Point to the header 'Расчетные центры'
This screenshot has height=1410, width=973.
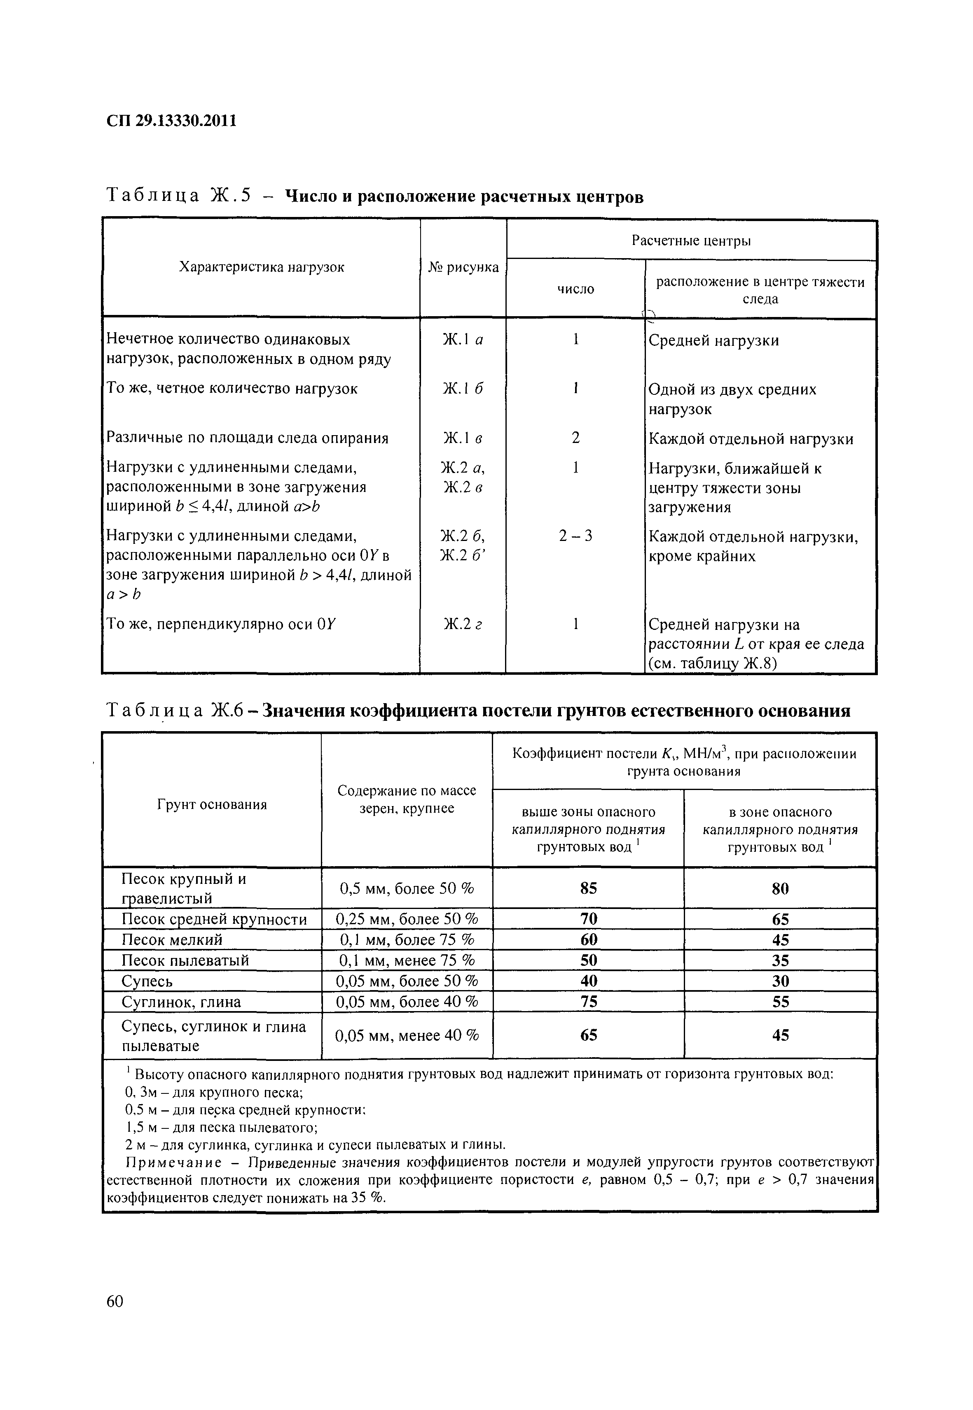(x=691, y=241)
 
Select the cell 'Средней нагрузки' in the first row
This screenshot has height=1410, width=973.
(x=713, y=340)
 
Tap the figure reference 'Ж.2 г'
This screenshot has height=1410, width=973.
(x=463, y=624)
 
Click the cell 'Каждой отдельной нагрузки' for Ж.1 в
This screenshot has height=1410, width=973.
(x=751, y=439)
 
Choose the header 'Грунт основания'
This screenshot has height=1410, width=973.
(x=212, y=805)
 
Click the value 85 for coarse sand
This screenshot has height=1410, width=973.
(x=588, y=888)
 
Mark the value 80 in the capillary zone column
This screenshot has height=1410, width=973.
(x=780, y=888)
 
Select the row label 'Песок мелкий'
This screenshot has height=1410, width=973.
(x=172, y=939)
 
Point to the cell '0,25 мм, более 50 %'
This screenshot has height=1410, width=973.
(x=407, y=919)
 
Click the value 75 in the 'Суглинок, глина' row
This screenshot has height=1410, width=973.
(x=588, y=1002)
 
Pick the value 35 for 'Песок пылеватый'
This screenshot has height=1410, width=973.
(x=780, y=960)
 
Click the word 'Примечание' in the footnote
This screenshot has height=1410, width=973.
(x=161, y=1162)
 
